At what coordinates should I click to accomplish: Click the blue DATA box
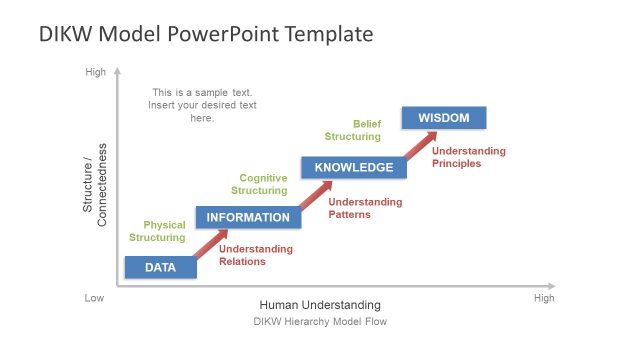pos(160,267)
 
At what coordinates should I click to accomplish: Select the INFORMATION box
pos(247,217)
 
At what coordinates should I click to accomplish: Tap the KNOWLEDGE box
pos(354,167)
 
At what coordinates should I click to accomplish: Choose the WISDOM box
pos(443,118)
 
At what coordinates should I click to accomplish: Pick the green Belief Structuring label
pos(352,130)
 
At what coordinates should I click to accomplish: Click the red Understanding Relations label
pos(256,255)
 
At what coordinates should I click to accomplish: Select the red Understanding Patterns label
pos(365,208)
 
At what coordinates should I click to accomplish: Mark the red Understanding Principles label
pos(469,157)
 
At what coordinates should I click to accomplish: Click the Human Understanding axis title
pos(320,305)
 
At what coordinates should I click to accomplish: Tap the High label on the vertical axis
pos(95,72)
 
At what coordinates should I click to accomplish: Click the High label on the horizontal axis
pos(544,298)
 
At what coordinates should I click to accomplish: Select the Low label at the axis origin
pos(95,298)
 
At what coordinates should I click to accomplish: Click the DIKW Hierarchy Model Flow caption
pos(320,322)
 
